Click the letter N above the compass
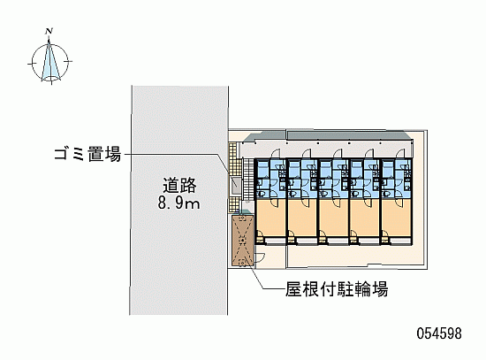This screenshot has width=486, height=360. click(x=49, y=31)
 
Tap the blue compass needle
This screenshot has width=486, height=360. click(x=50, y=61)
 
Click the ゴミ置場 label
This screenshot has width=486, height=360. click(x=87, y=154)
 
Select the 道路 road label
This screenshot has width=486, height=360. click(x=179, y=186)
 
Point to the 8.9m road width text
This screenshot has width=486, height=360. click(x=178, y=203)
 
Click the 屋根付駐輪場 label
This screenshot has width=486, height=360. click(x=337, y=289)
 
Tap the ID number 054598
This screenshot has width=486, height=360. click(x=439, y=333)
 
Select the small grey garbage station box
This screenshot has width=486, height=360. click(x=235, y=187)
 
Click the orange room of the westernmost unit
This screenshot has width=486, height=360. click(x=270, y=218)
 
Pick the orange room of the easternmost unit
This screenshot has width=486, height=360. click(x=396, y=218)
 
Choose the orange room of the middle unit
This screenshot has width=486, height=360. click(x=333, y=218)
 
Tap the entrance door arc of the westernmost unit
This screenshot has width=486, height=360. click(x=275, y=154)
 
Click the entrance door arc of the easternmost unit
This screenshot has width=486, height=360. click(x=399, y=154)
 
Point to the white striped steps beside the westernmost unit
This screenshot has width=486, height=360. click(x=248, y=179)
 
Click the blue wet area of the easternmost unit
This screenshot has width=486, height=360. click(x=397, y=179)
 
